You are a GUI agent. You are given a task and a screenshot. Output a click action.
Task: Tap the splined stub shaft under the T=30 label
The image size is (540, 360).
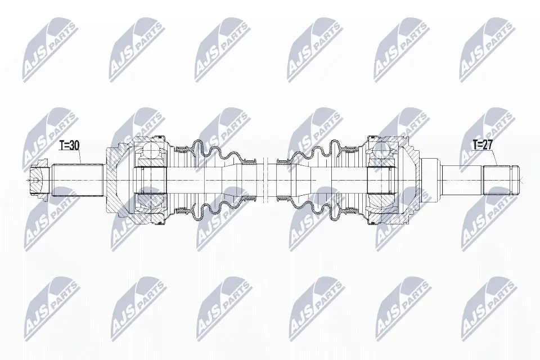point(78,180)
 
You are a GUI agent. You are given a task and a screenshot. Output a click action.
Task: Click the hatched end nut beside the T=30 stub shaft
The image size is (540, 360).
point(39,180)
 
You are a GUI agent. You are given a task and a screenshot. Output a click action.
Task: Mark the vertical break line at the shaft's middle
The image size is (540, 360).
point(265,180)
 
